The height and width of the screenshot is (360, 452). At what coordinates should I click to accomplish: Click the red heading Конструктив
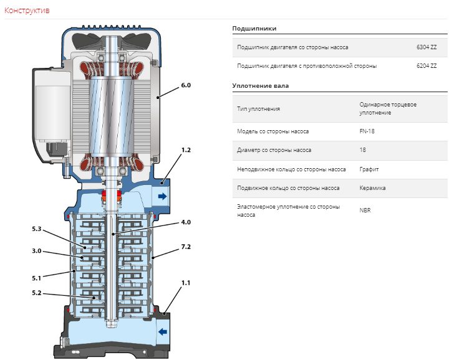pyautogui.click(x=27, y=11)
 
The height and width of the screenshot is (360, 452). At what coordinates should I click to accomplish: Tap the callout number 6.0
pyautogui.click(x=186, y=85)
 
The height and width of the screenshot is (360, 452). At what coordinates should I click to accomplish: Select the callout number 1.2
pyautogui.click(x=186, y=150)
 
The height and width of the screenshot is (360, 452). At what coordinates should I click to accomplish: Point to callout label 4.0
pyautogui.click(x=186, y=222)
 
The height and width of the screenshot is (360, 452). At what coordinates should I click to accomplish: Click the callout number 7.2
pyautogui.click(x=186, y=247)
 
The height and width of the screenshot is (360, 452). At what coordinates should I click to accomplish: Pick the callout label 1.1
pyautogui.click(x=186, y=283)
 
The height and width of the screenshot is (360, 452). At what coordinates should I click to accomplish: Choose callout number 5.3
pyautogui.click(x=37, y=229)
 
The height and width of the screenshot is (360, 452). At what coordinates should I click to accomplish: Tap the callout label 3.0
pyautogui.click(x=37, y=251)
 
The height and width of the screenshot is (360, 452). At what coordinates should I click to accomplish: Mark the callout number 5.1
pyautogui.click(x=37, y=278)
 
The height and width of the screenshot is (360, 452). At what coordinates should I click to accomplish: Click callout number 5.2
pyautogui.click(x=37, y=293)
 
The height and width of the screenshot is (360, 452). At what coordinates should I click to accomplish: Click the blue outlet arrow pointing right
pyautogui.click(x=163, y=196)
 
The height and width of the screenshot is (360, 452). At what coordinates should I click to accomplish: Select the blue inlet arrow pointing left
pyautogui.click(x=163, y=332)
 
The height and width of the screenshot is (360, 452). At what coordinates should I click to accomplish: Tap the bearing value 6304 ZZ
pyautogui.click(x=426, y=47)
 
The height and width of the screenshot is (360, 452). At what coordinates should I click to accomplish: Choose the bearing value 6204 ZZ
pyautogui.click(x=426, y=66)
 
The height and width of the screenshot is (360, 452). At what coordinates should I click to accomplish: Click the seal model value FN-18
pyautogui.click(x=367, y=131)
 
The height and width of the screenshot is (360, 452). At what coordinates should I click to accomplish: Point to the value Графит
pyautogui.click(x=369, y=169)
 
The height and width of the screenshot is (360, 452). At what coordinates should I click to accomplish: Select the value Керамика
pyautogui.click(x=372, y=188)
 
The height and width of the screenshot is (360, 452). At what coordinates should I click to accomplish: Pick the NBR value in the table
pyautogui.click(x=365, y=211)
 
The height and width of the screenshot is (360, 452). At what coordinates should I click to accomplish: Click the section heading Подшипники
pyautogui.click(x=254, y=29)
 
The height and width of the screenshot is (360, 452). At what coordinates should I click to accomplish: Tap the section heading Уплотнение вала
pyautogui.click(x=261, y=86)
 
